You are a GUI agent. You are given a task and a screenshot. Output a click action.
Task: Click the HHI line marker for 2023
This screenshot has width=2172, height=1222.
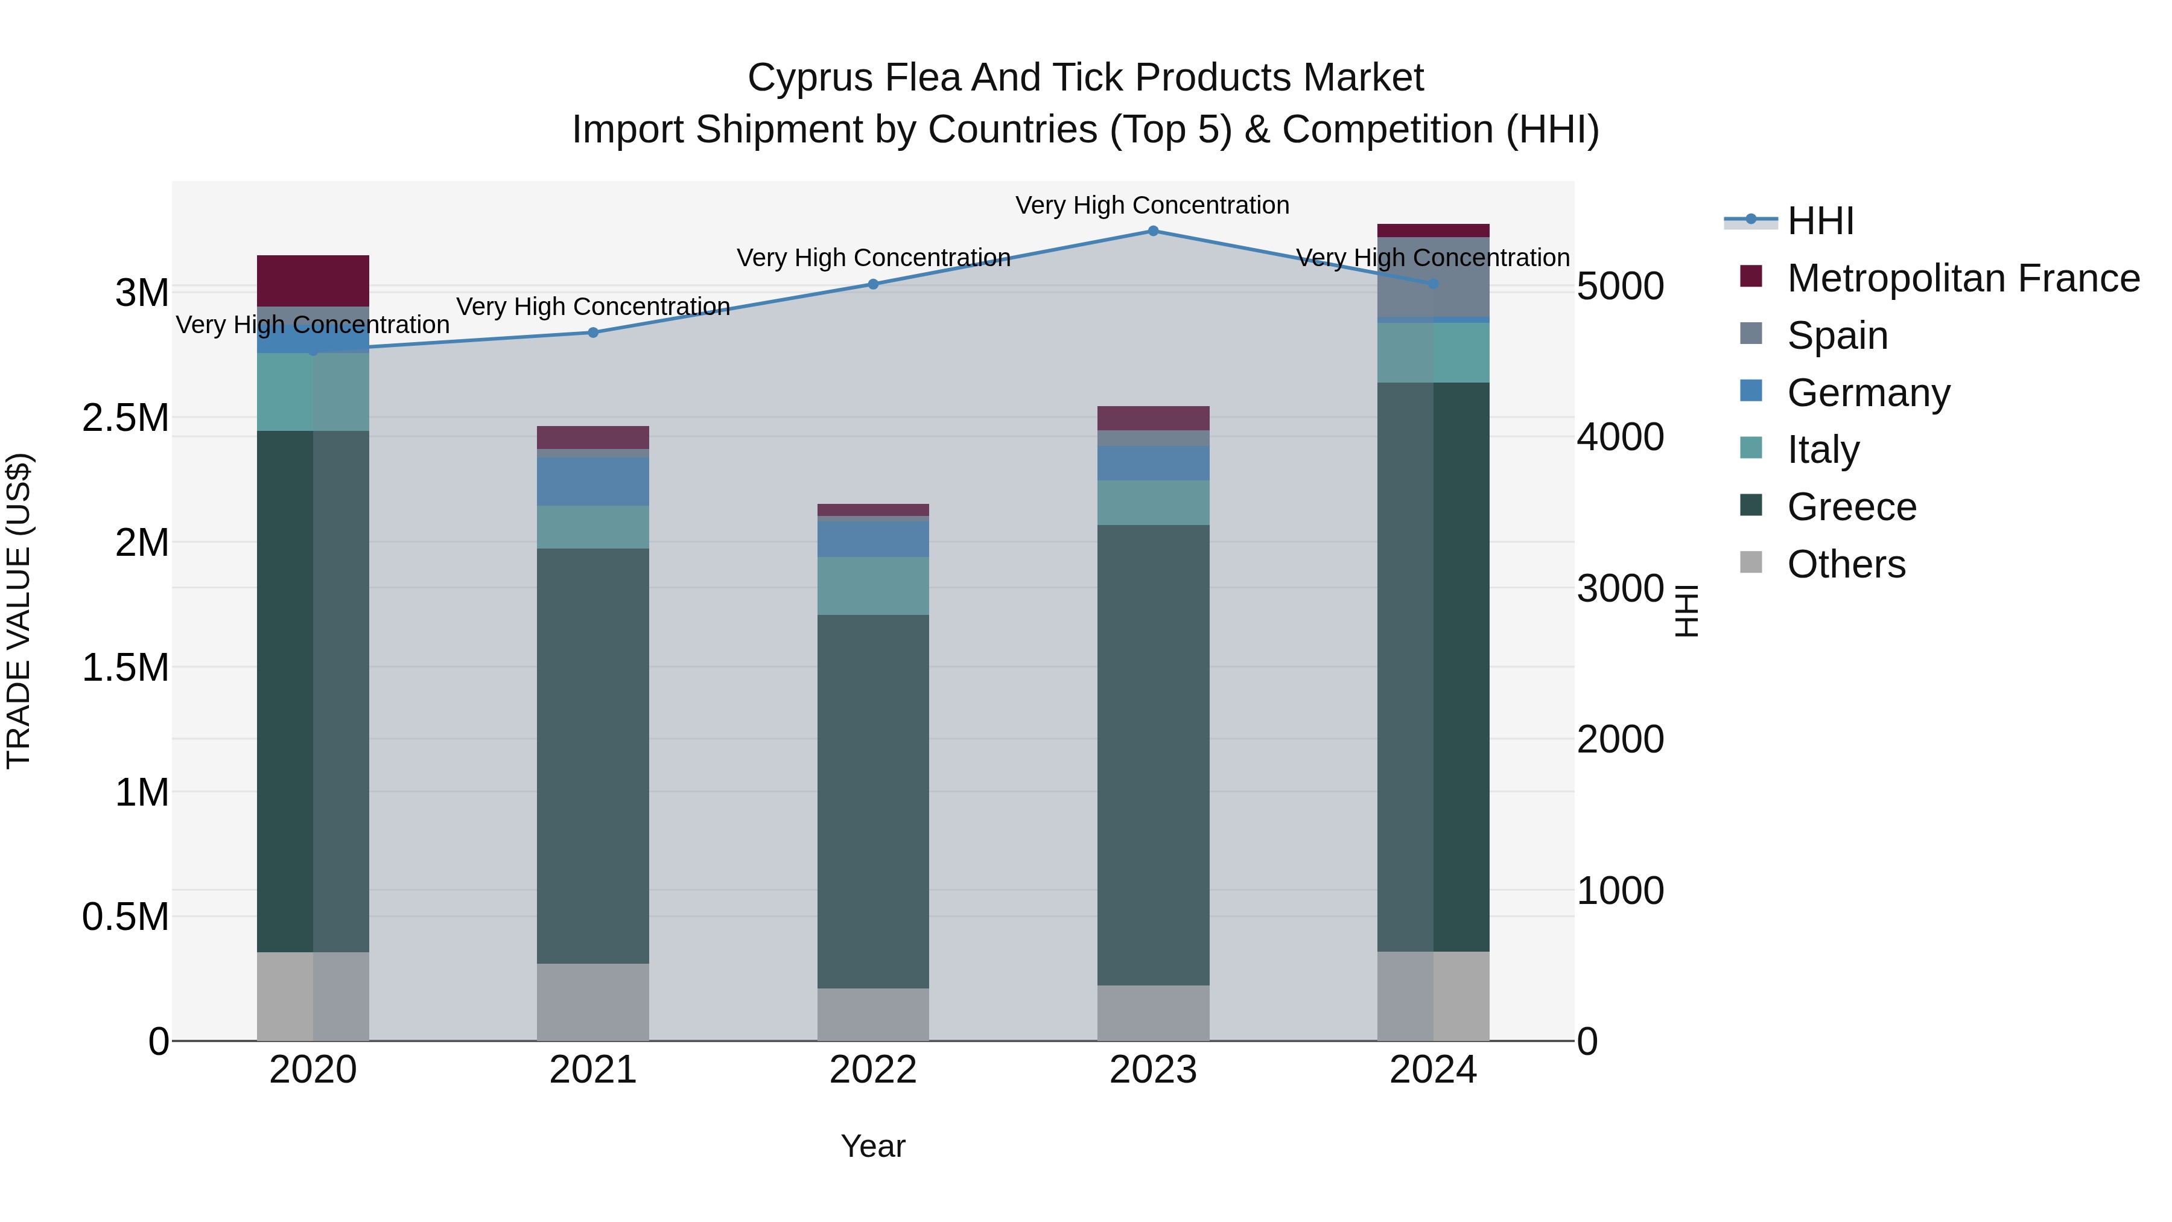(x=1152, y=231)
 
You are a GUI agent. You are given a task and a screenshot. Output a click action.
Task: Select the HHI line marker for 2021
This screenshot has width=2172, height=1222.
(x=592, y=333)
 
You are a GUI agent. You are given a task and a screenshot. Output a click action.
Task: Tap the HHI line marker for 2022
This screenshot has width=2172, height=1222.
(x=872, y=284)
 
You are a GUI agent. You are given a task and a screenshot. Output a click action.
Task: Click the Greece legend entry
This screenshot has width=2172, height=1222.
(x=1852, y=507)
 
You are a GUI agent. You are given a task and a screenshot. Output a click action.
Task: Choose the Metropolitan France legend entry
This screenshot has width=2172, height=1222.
(x=1963, y=278)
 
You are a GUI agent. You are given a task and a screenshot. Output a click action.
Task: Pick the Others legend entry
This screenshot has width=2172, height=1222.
(x=1846, y=564)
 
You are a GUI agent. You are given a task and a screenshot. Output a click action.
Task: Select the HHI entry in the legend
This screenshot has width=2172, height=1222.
(x=1820, y=221)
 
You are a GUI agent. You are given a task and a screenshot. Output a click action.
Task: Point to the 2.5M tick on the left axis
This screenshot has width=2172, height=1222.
(x=125, y=418)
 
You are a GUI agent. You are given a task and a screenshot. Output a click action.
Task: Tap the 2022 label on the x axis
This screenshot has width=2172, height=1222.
(x=872, y=1070)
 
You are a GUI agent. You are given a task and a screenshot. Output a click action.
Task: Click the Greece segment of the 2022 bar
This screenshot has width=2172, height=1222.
(x=872, y=801)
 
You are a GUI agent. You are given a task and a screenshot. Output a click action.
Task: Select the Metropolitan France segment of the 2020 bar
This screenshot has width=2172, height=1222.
(x=313, y=280)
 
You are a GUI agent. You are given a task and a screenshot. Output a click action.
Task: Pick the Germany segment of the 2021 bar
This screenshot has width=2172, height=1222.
(x=592, y=482)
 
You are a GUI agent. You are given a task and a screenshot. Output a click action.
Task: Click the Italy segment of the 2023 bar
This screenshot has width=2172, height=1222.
(x=1152, y=503)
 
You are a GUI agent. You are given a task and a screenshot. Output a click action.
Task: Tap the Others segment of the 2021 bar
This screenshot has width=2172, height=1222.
(x=592, y=1001)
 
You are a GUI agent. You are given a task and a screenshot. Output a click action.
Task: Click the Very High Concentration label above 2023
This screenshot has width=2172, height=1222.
(x=1152, y=205)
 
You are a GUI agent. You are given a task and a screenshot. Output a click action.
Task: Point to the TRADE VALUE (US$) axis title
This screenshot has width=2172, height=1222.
(x=19, y=611)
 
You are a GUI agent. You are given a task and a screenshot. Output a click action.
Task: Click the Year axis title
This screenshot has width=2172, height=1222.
(x=872, y=1146)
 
